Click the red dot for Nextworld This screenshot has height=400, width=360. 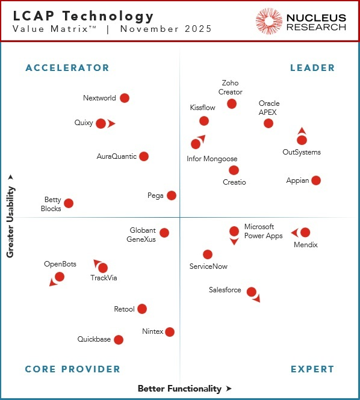(x=125, y=98)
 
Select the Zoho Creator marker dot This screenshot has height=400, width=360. (x=232, y=104)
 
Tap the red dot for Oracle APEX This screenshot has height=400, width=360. (x=268, y=123)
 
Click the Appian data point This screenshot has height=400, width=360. (x=316, y=180)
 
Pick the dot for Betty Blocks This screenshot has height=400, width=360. (x=69, y=204)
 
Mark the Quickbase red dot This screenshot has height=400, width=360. (x=119, y=340)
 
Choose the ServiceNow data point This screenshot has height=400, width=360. (x=208, y=254)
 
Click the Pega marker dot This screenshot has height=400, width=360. (x=172, y=195)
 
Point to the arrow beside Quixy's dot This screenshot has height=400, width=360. (x=112, y=124)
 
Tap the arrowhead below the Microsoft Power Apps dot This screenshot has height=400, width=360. (x=234, y=242)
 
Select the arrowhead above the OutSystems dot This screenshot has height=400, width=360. (x=302, y=131)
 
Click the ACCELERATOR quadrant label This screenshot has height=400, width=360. (x=67, y=68)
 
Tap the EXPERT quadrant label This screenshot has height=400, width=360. (x=312, y=369)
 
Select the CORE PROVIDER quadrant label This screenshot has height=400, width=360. (x=73, y=369)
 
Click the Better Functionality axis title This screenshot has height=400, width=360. (x=179, y=389)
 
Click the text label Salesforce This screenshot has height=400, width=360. (x=225, y=291)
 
